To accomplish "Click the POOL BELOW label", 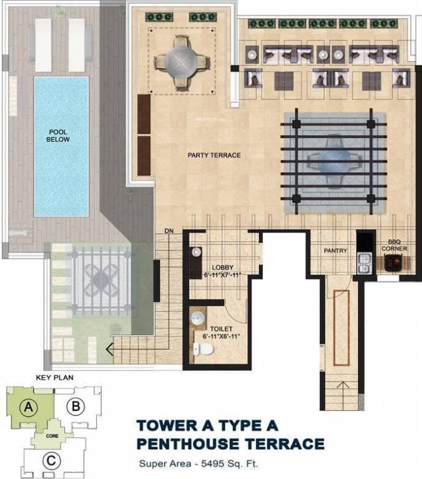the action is (58, 135).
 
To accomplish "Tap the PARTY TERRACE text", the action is (214, 155).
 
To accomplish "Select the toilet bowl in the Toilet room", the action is (203, 349).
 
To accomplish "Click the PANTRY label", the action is (335, 251).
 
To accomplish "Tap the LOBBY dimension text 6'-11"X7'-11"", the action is (223, 274).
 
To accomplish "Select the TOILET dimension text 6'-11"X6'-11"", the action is (221, 336).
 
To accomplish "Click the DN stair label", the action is (169, 231).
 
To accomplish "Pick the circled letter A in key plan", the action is (29, 407).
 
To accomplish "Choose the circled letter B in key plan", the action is (76, 406).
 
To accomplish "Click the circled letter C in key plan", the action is (51, 460).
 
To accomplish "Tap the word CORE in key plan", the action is (52, 436).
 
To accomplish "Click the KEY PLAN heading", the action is (55, 377).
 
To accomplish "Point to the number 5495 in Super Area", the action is (213, 463).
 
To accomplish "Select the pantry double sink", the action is (364, 264).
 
